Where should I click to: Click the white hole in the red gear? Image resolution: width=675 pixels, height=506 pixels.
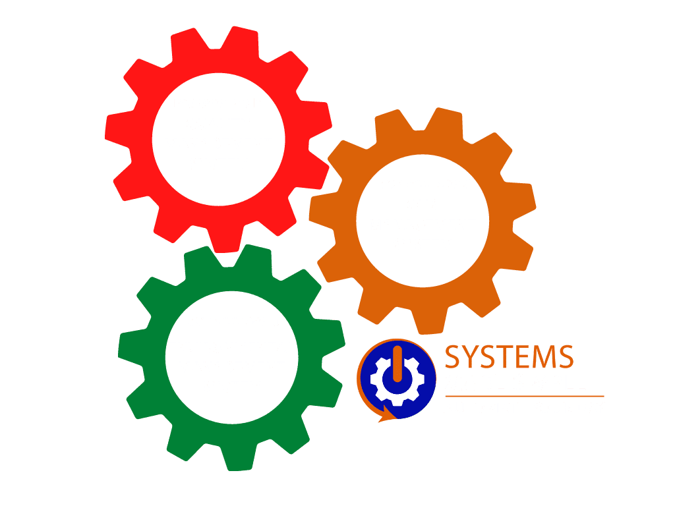219,140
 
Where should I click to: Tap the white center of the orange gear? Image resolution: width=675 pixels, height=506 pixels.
423,221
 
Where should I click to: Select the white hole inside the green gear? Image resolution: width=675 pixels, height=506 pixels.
232,358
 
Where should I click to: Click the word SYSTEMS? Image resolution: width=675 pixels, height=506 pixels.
510,356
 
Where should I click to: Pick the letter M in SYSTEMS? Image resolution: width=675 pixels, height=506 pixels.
543,356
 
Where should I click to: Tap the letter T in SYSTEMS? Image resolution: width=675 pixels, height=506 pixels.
506,356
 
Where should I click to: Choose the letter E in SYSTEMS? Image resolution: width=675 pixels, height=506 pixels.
522,356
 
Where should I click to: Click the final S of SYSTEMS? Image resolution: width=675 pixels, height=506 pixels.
566,356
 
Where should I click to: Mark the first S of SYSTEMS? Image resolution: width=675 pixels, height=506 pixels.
452,356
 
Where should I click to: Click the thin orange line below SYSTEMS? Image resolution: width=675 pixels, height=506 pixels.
525,396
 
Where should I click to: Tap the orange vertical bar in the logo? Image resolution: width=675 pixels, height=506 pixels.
397,364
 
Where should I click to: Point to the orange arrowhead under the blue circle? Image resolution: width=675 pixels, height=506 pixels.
385,416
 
